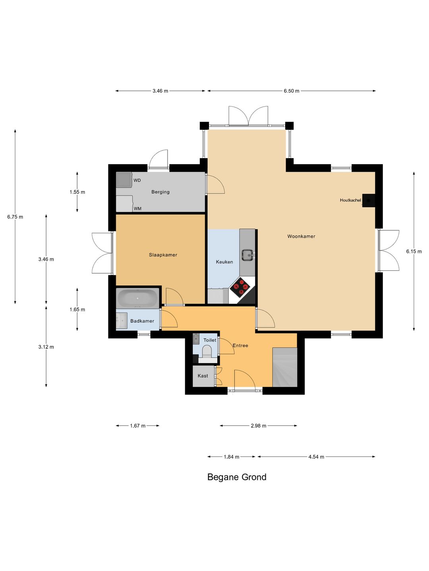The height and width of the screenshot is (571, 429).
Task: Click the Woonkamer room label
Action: [x=301, y=236]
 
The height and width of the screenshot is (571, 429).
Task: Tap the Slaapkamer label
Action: [x=163, y=255]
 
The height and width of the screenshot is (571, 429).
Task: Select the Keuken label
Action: [x=224, y=262]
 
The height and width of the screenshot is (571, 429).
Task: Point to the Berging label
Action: [x=160, y=192]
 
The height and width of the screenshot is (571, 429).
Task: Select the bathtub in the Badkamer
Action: [x=137, y=298]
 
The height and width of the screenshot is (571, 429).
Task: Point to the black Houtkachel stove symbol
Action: [x=369, y=201]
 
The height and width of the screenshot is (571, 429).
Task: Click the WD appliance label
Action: [x=137, y=180]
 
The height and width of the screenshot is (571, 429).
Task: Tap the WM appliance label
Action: [x=137, y=209]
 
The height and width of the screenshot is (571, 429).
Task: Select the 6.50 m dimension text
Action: [x=292, y=91]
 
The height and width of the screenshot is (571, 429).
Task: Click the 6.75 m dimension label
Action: [x=15, y=217]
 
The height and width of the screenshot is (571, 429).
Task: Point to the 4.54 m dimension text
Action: [x=316, y=456]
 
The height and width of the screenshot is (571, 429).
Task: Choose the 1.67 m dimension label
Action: [x=138, y=425]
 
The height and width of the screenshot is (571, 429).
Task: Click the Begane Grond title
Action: [x=237, y=477]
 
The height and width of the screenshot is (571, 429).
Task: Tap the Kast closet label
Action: [x=203, y=376]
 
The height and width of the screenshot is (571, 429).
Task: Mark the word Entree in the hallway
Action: [x=240, y=345]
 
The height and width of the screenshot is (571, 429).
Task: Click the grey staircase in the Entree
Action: [x=285, y=367]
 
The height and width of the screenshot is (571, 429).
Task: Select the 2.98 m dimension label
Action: [x=258, y=425]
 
